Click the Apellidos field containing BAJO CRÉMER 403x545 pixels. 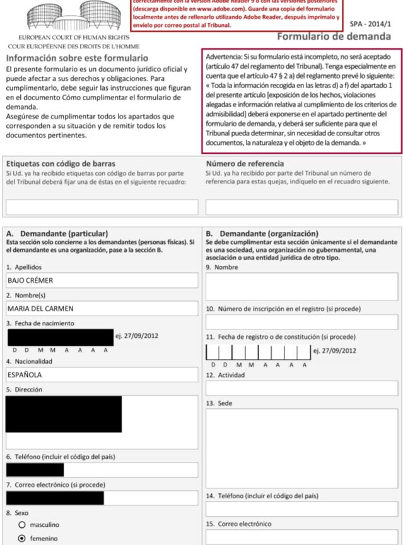(x=102, y=280)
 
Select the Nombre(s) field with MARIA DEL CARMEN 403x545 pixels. (x=102, y=309)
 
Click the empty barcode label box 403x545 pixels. (x=102, y=207)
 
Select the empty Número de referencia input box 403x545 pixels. (x=302, y=207)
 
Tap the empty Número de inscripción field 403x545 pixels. (x=302, y=322)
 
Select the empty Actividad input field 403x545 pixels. (x=302, y=387)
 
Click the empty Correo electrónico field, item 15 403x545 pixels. (x=302, y=537)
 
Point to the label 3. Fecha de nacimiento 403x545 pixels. (x=41, y=323)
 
